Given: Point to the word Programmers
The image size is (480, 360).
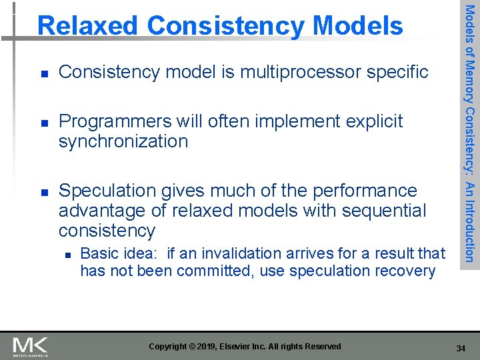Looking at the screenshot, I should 115,121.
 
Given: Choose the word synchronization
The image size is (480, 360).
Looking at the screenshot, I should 123,141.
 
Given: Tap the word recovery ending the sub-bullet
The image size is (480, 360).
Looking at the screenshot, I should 406,271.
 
